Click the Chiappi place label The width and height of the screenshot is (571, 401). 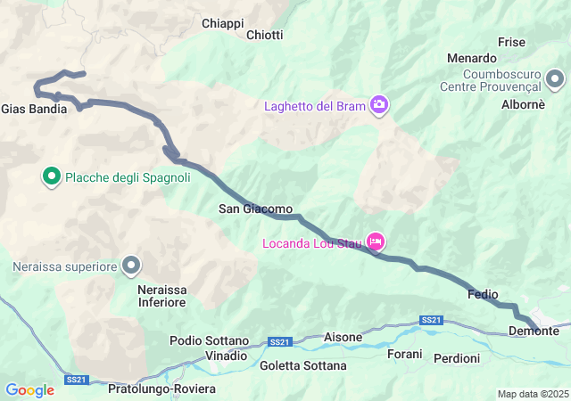(x=223, y=22)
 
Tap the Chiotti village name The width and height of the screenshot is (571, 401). (x=264, y=35)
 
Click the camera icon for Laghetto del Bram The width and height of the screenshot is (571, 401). (x=380, y=106)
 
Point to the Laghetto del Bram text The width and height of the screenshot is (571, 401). (x=315, y=107)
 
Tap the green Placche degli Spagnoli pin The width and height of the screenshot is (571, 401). (x=52, y=176)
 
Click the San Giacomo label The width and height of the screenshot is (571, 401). (x=255, y=209)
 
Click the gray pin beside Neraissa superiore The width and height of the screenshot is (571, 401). (x=132, y=265)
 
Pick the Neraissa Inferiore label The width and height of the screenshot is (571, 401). (x=161, y=296)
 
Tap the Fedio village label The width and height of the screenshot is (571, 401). (x=482, y=294)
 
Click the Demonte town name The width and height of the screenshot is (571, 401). (x=534, y=331)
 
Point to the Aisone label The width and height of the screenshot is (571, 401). (x=343, y=337)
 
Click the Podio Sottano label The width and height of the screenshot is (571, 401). (x=209, y=340)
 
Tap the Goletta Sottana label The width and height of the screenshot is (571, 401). (x=303, y=365)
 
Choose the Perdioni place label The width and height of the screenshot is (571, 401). (x=456, y=358)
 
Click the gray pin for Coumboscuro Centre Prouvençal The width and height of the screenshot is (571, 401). (x=555, y=81)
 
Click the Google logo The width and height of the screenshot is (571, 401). (x=29, y=389)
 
